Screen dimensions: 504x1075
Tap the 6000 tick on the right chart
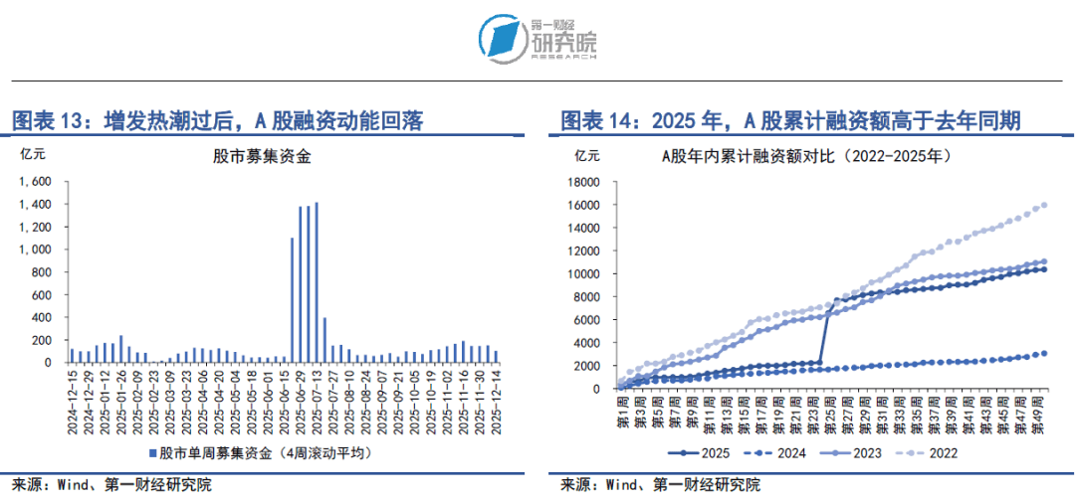click(584, 319)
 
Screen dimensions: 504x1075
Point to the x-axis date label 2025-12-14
click(495, 403)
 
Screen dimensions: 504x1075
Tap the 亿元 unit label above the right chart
click(587, 156)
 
